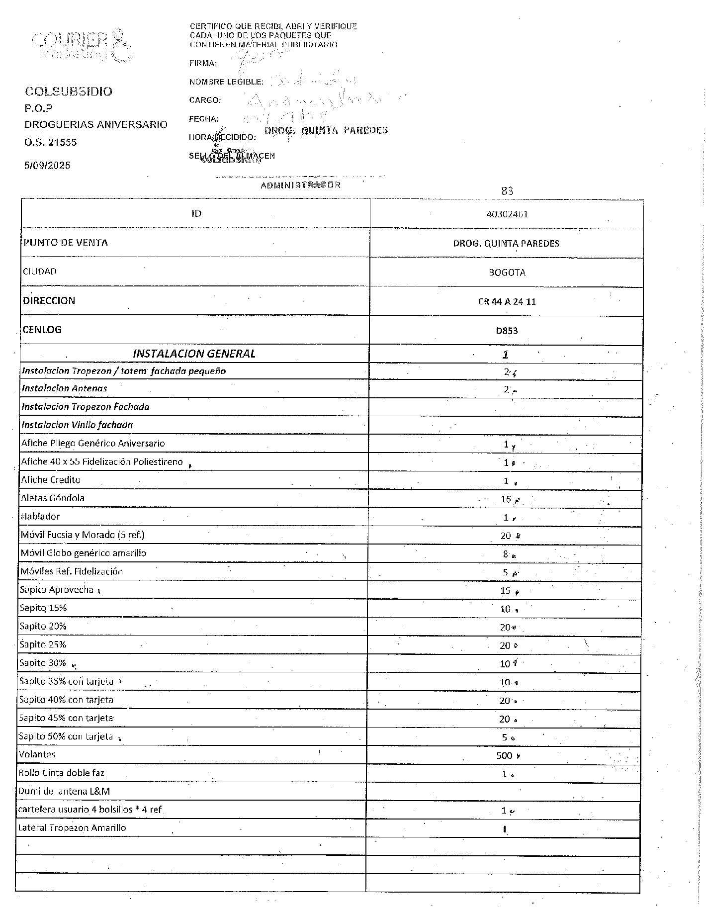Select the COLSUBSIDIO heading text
click(69, 91)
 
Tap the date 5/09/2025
click(47, 166)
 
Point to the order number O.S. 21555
click(51, 142)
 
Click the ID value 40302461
click(507, 214)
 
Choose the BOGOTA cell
click(507, 273)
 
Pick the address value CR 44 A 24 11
click(507, 301)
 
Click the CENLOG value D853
click(507, 330)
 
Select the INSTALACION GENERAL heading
click(194, 354)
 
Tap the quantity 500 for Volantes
click(504, 755)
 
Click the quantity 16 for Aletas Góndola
click(506, 499)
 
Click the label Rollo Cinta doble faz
click(61, 773)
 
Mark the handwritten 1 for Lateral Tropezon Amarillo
click(505, 829)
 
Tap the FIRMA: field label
click(203, 63)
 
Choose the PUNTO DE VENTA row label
click(66, 243)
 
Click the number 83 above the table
click(507, 190)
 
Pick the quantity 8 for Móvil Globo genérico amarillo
click(505, 554)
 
